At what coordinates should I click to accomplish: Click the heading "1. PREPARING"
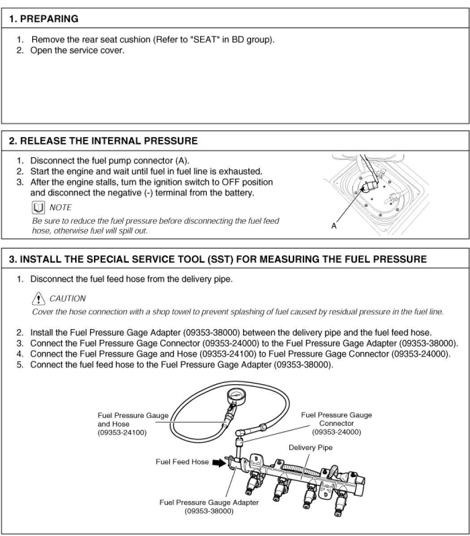pyautogui.click(x=43, y=19)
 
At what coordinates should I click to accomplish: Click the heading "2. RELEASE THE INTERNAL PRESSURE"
pyautogui.click(x=103, y=141)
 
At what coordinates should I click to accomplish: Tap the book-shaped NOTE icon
pyautogui.click(x=38, y=207)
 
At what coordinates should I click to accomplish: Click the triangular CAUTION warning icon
pyautogui.click(x=39, y=298)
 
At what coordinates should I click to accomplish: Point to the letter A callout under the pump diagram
pyautogui.click(x=334, y=226)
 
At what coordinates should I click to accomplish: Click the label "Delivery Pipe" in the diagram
pyautogui.click(x=310, y=447)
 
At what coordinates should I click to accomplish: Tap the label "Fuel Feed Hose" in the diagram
pyautogui.click(x=182, y=462)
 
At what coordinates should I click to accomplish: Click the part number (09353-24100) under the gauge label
pyautogui.click(x=122, y=432)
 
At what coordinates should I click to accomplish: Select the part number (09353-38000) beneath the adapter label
pyautogui.click(x=209, y=511)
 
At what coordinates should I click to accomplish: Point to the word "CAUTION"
pyautogui.click(x=68, y=299)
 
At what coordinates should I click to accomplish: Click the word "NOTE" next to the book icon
pyautogui.click(x=60, y=207)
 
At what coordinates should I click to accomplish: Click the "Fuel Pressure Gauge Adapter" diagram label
pyautogui.click(x=209, y=502)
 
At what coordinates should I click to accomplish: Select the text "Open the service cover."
pyautogui.click(x=77, y=50)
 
